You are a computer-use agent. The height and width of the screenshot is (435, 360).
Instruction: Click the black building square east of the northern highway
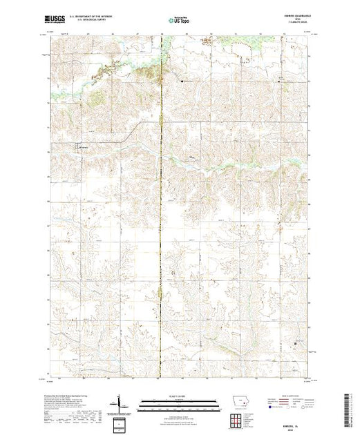coord(182,81)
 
